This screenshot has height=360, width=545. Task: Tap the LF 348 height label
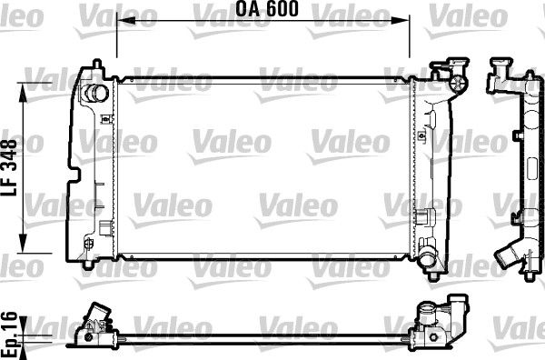tap(12, 168)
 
